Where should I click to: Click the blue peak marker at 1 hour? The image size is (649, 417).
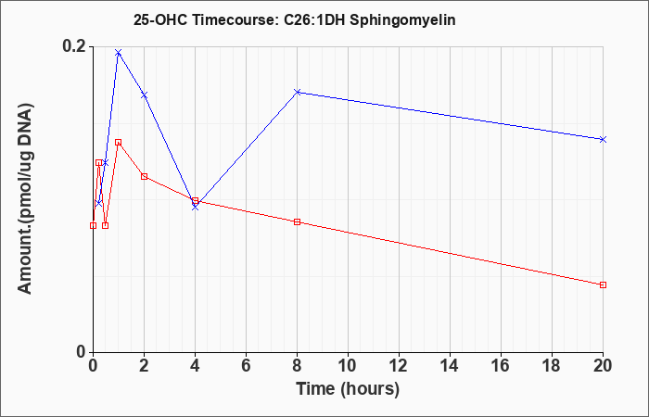pos(119,53)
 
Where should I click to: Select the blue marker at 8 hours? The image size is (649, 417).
pos(298,92)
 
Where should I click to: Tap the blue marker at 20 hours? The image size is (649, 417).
pos(603,139)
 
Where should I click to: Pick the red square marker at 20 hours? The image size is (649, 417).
pos(603,285)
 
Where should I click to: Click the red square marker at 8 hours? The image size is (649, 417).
pos(298,222)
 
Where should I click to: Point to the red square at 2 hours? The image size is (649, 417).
pos(144,177)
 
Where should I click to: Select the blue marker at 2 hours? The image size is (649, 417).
pos(144,95)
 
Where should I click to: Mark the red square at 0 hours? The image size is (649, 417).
pos(93,225)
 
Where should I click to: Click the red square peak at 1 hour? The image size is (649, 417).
pos(119,143)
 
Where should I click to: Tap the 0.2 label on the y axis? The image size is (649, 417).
pos(74,46)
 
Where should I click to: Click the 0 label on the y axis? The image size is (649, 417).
pos(81,352)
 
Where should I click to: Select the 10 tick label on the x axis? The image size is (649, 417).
pos(348,366)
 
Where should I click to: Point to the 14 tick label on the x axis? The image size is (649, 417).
pos(450,366)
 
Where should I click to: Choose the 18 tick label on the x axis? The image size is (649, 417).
pos(552,366)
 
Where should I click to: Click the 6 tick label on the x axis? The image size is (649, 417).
pos(246,366)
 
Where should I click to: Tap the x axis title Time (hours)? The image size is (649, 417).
pos(348,389)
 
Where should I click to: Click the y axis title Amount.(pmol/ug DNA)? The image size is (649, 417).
pos(25,198)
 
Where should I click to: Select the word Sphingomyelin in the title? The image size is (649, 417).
pos(402,19)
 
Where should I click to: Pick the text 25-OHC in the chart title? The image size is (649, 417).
pos(160,19)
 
